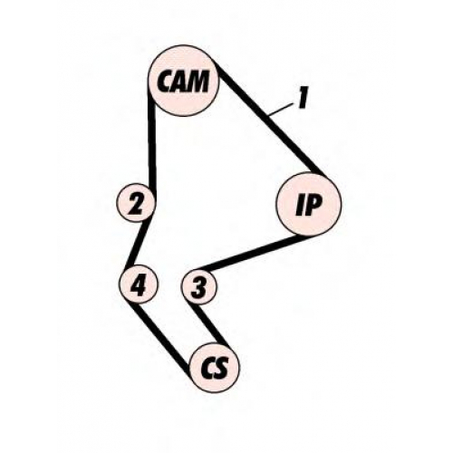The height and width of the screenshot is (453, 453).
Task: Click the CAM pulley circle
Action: click(x=184, y=81)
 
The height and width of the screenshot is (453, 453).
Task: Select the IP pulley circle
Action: click(x=308, y=204)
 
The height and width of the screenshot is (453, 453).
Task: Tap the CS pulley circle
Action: click(x=214, y=368)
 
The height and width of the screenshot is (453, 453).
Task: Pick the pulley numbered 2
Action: click(x=136, y=202)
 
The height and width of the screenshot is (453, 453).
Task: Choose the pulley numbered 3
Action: click(x=199, y=286)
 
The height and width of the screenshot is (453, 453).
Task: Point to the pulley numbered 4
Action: click(x=139, y=284)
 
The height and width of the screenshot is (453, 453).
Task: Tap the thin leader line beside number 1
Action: click(x=282, y=109)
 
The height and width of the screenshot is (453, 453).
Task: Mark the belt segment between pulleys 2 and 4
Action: click(x=139, y=244)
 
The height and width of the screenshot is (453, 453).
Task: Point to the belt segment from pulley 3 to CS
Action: click(x=211, y=324)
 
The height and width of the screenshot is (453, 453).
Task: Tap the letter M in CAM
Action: click(x=198, y=81)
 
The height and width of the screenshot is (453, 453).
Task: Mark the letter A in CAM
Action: click(x=180, y=82)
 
